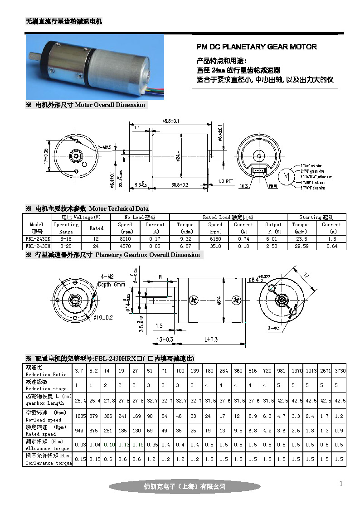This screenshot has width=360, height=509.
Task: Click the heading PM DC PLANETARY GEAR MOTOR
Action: click(x=257, y=47)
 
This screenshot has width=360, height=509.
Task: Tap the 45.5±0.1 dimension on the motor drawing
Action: click(x=170, y=121)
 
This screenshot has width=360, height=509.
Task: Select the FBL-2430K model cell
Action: click(x=37, y=238)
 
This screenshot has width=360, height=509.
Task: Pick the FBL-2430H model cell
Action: click(x=37, y=246)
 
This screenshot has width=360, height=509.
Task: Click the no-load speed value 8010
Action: click(x=125, y=238)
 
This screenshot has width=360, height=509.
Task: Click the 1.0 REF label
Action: click(x=226, y=181)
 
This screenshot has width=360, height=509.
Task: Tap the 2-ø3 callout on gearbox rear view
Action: click(x=273, y=327)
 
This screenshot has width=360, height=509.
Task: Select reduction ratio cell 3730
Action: click(x=340, y=371)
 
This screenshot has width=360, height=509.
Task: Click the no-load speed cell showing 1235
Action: click(x=80, y=416)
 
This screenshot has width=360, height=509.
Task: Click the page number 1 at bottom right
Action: click(x=341, y=484)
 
